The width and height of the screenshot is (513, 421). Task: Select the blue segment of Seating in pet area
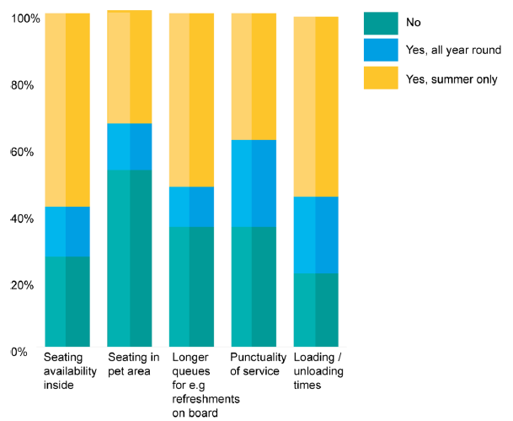[x=129, y=147]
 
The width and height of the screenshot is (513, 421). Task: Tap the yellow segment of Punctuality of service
[x=253, y=77]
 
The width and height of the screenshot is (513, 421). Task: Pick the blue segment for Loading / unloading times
[x=315, y=235]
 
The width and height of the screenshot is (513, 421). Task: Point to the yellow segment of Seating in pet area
[x=129, y=67]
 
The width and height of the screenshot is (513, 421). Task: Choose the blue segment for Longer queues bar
[x=191, y=207]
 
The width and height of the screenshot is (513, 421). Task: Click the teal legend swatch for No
[x=380, y=23]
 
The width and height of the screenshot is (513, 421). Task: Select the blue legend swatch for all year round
[x=380, y=50]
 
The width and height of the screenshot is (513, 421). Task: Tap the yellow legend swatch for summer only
[x=380, y=78]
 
